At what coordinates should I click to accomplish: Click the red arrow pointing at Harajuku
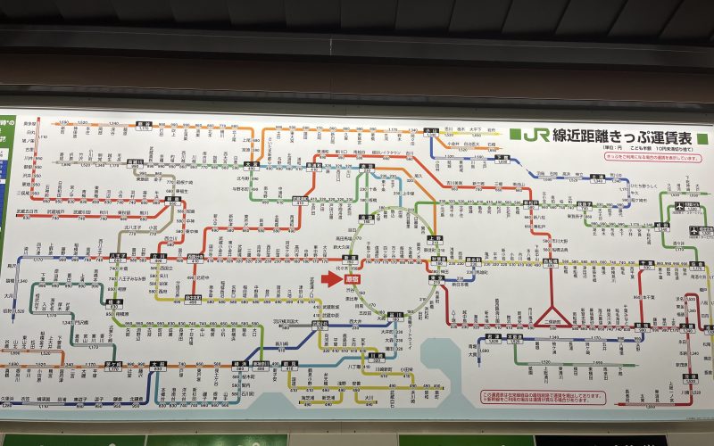click(x=330, y=278)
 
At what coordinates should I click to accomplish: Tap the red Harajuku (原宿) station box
click(x=353, y=278)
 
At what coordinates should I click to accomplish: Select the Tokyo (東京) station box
click(x=436, y=278)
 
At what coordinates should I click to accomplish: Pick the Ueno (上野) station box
click(x=435, y=239)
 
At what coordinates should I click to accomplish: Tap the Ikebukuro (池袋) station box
click(x=365, y=217)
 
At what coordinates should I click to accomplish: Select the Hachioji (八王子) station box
click(x=116, y=256)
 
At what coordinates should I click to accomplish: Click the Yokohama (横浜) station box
click(x=240, y=365)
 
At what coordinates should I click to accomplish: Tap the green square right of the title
click(x=702, y=137)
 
